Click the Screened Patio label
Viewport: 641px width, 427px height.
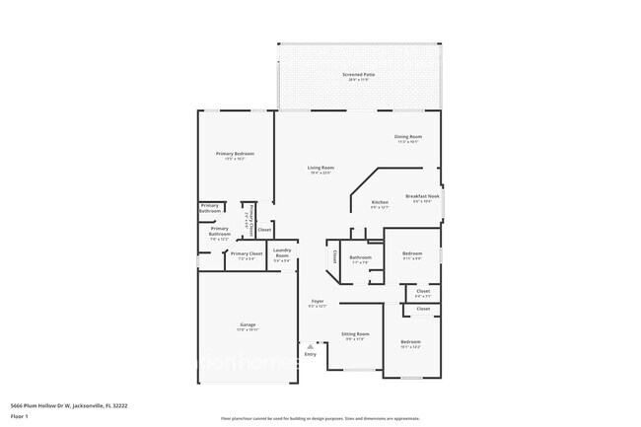359,74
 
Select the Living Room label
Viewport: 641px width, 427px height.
320,168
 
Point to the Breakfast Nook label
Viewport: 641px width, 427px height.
422,196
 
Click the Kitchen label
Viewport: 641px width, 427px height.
380,202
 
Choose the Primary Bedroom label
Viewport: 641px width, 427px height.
236,154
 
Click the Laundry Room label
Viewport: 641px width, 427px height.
282,251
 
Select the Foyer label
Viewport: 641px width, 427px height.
318,301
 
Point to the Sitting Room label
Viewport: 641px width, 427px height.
355,334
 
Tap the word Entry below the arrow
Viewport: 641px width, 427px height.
311,354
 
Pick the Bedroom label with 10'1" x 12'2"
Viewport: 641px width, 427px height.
411,342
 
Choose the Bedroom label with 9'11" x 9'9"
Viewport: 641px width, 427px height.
412,253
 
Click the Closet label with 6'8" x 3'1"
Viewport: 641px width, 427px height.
423,291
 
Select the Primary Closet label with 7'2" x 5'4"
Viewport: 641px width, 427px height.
247,254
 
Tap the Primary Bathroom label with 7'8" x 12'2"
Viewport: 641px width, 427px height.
220,232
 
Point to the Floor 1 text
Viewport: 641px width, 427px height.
19,416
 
